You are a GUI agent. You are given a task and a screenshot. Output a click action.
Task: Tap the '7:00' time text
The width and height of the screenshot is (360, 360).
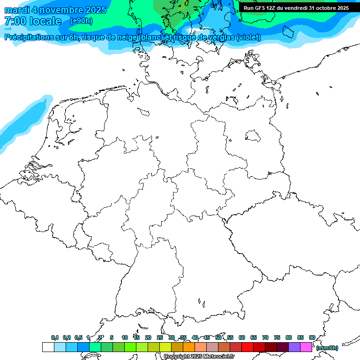coord(15,22)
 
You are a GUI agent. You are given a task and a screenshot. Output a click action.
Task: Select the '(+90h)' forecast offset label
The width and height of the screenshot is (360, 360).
coord(81,21)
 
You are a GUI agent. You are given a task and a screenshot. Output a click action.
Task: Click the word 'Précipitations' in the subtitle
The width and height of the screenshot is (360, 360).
coord(28,37)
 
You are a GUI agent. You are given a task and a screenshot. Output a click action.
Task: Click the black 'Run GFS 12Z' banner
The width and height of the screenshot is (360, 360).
coord(296,8)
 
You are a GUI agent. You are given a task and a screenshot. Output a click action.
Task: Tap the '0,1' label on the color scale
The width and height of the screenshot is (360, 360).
coord(55,337)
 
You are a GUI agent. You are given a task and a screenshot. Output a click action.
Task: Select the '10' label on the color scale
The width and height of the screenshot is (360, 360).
coord(124,337)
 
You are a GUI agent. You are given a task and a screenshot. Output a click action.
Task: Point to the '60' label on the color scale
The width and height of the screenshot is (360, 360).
coord(242,337)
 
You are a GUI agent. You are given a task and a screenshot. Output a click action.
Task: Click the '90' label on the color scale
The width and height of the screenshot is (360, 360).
coord(312,337)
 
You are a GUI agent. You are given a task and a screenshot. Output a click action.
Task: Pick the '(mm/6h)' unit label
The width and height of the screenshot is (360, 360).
coord(327,348)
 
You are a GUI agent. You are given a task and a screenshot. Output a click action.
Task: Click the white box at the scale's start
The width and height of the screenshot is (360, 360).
coord(48,347)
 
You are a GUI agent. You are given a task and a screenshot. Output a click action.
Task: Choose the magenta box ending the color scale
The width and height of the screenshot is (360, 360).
coord(306,347)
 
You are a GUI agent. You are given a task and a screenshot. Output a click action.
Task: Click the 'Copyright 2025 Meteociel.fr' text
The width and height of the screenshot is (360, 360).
coord(199,357)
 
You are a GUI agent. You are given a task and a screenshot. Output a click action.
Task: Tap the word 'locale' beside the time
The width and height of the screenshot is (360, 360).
coord(45,22)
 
